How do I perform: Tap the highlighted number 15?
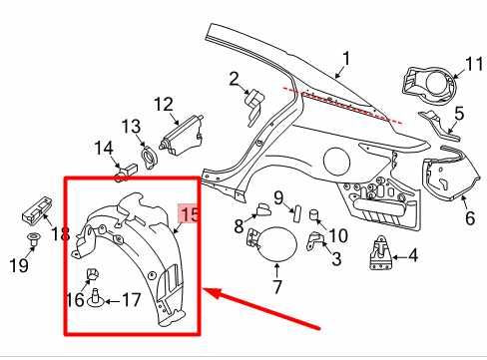189,214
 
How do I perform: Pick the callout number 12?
164,103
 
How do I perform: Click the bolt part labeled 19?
33,238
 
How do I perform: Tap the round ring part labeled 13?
148,157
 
